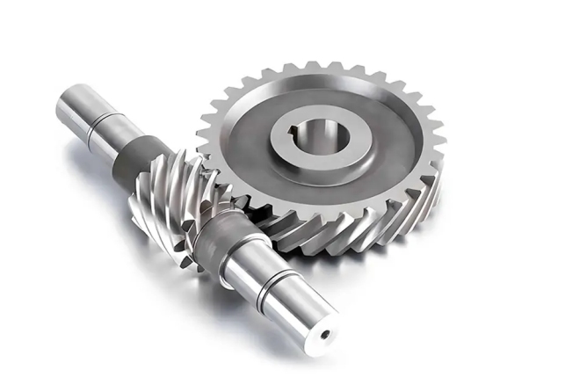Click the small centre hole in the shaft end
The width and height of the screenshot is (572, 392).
tap(324, 335)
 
